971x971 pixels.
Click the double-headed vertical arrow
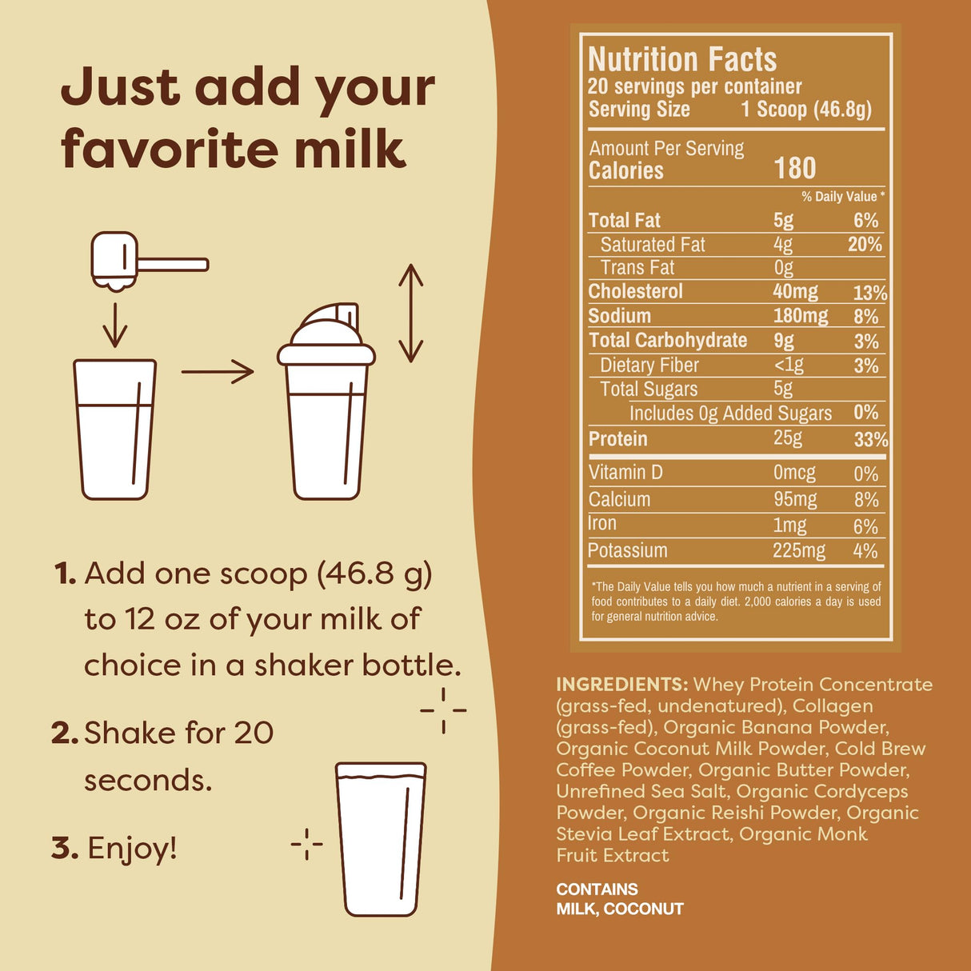(410, 313)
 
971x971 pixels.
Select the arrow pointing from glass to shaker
(218, 371)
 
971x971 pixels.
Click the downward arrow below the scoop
(115, 324)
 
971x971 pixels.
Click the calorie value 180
(794, 168)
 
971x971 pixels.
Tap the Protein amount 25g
(788, 438)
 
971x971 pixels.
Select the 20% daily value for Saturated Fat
(865, 244)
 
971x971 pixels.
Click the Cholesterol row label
(635, 291)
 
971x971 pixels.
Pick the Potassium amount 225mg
(798, 550)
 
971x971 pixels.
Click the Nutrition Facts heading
(682, 59)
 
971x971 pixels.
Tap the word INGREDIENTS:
(621, 685)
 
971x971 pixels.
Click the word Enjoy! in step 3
(132, 848)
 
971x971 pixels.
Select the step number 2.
(63, 733)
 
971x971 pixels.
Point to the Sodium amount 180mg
(800, 315)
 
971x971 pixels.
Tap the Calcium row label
(619, 499)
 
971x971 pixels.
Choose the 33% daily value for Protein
(870, 439)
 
